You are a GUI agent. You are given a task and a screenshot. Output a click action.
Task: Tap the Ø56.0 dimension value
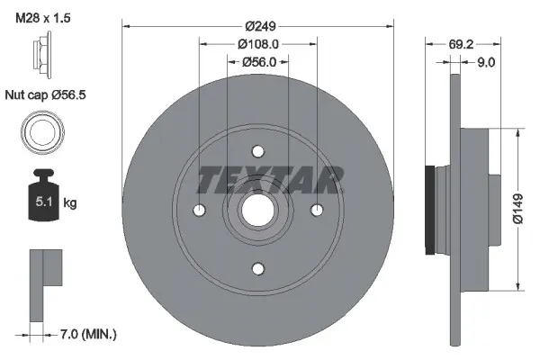point(257,62)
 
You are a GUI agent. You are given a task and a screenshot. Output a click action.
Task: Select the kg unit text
point(69,203)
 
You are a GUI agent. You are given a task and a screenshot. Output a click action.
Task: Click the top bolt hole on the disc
point(257,150)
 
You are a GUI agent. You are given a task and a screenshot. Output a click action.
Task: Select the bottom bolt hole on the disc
point(257,268)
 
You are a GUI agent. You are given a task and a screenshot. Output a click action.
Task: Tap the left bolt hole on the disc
point(199,210)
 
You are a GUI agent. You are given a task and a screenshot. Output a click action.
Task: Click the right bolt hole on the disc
point(316,210)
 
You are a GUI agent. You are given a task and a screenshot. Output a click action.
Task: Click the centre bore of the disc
point(257,210)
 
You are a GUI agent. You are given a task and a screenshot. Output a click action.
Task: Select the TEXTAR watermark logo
point(270,179)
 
